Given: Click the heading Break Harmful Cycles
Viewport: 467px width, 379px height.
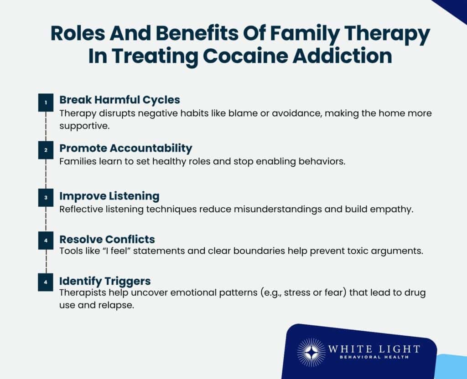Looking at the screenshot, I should tap(119, 99).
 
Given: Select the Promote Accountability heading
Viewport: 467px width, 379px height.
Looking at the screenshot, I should tap(125, 148).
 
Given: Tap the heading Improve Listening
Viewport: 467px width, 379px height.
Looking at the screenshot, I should tap(109, 196).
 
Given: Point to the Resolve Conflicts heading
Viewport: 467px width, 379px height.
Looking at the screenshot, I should tap(107, 239).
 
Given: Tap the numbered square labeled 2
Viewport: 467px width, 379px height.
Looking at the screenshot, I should tap(46, 150).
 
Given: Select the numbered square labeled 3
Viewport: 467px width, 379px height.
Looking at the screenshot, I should tap(46, 198).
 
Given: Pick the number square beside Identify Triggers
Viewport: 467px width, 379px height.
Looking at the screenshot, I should tap(46, 282).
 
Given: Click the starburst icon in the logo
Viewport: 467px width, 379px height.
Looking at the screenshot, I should tap(311, 352).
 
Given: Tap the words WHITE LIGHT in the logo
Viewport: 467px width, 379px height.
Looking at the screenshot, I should tap(374, 349).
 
